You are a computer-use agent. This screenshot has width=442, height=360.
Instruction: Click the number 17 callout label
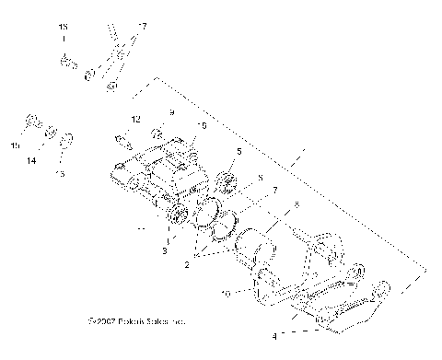point(143,26)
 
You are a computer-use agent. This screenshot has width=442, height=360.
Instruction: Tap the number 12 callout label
point(134,120)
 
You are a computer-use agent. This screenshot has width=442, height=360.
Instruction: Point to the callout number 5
point(238,151)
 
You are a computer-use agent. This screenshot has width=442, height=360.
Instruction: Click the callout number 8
point(261,178)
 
